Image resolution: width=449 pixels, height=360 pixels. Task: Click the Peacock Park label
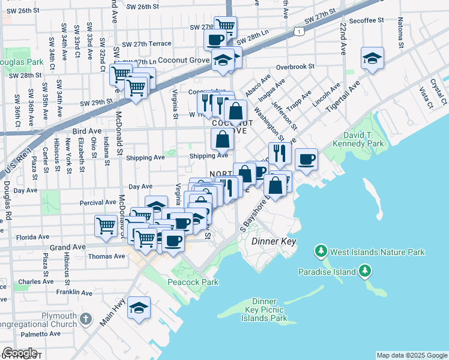184,281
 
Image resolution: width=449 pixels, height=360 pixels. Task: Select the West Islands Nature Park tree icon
321,251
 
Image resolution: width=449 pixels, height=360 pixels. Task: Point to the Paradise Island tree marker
365,272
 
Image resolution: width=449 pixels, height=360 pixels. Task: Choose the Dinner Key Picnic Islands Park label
265,310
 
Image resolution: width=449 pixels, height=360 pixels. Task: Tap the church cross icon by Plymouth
86,318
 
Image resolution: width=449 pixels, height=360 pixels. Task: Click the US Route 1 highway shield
298,30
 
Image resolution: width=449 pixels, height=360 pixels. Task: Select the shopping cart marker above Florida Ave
106,226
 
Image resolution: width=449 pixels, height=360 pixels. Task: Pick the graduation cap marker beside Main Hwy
139,307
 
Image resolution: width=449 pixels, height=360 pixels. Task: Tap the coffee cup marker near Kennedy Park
306,158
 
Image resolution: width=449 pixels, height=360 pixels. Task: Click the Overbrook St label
295,67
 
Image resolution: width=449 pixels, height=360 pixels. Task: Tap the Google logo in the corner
21,353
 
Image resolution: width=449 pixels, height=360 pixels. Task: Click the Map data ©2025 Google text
411,355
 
